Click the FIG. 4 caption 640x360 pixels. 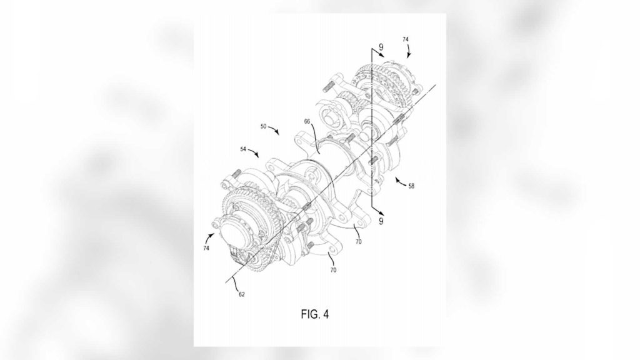point(315,314)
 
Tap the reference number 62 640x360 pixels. point(242,294)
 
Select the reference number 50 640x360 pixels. point(263,126)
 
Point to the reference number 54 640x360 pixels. point(243,149)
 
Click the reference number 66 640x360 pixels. point(307,121)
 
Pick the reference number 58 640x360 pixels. point(411,186)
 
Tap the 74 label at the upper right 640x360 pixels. point(405,39)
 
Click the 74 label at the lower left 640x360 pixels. point(206,247)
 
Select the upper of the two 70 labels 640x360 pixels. point(358,242)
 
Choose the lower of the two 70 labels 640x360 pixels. point(333,270)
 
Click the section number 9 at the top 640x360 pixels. point(381,47)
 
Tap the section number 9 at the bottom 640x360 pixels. point(381,221)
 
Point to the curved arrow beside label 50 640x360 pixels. point(274,130)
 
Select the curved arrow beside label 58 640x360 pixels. point(401,182)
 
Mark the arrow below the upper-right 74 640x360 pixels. point(408,51)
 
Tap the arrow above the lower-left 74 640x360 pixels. point(211,237)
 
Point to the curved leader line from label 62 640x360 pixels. point(236,283)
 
